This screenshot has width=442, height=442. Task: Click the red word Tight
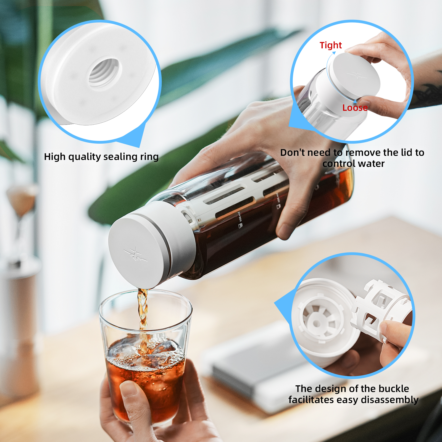pyautogui.click(x=331, y=45)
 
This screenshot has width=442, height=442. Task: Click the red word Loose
pyautogui.click(x=355, y=108)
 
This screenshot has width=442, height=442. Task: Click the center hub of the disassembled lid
pyautogui.click(x=317, y=323)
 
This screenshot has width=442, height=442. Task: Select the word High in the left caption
pyautogui.click(x=55, y=157)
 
